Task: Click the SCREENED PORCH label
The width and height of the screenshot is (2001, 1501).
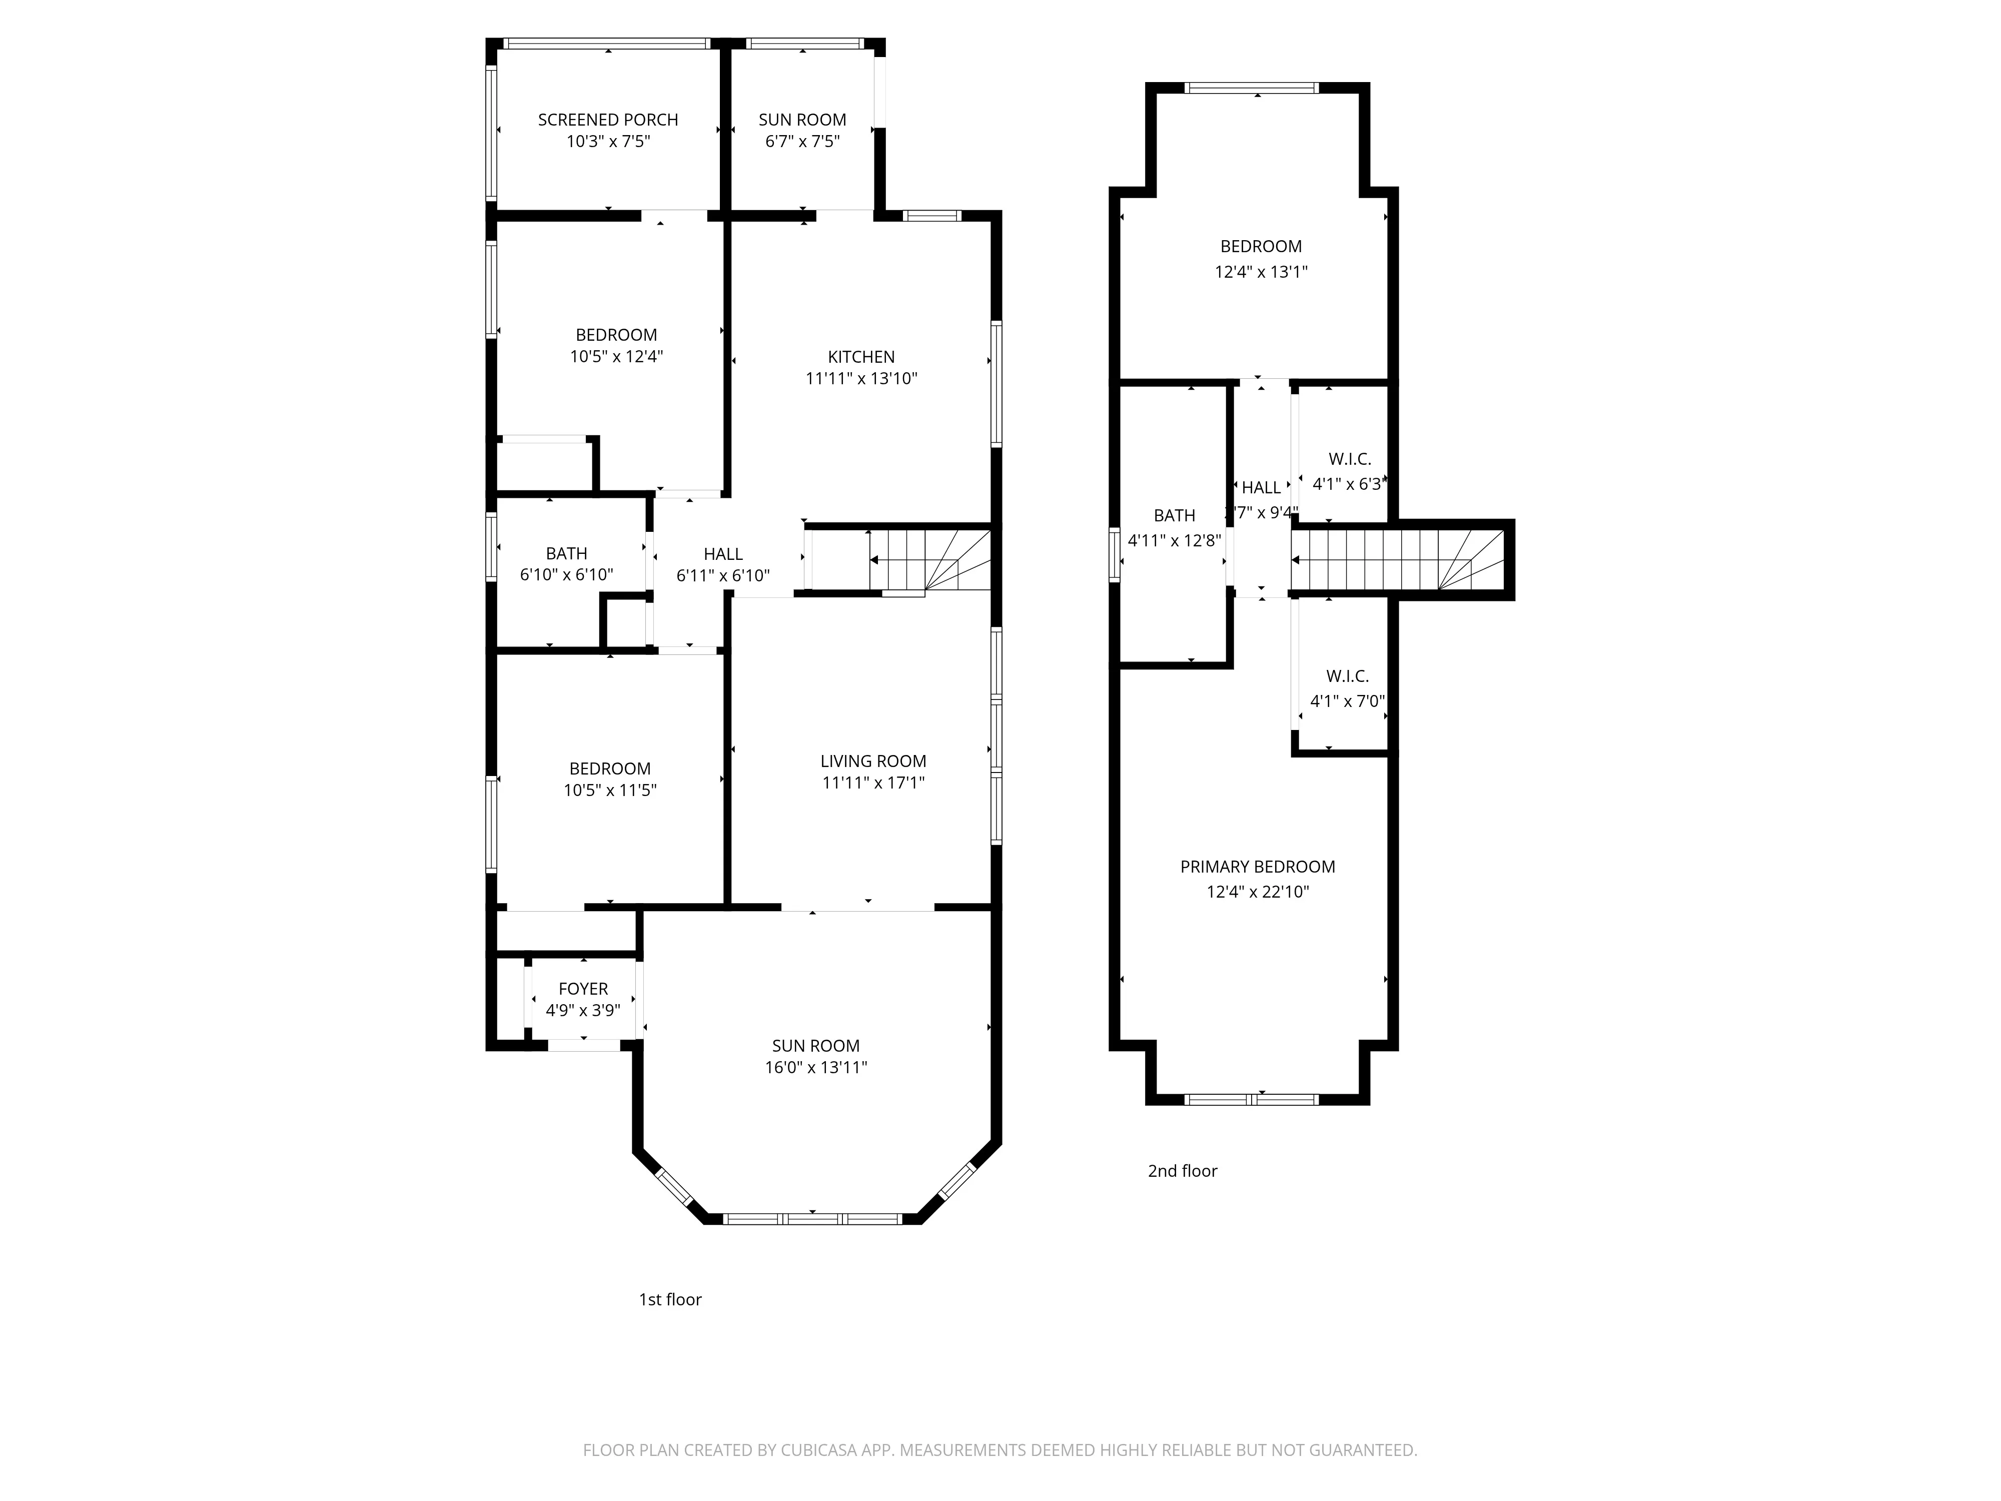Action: coord(608,120)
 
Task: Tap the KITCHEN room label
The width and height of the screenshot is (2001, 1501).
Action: coord(861,356)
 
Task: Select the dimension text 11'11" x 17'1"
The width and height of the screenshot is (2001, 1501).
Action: coord(873,783)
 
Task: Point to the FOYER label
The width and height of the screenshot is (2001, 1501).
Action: coord(583,989)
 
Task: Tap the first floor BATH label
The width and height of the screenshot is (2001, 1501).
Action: coord(566,553)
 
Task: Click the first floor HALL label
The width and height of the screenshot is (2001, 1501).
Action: coord(723,554)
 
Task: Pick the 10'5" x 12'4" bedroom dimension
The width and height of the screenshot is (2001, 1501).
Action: coord(616,356)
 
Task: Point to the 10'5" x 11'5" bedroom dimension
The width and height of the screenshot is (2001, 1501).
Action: coord(610,790)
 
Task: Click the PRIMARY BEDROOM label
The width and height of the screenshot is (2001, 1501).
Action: coord(1258,867)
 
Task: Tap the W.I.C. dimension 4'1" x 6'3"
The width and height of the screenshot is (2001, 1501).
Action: coord(1348,484)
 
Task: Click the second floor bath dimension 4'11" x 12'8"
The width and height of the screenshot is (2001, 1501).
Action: coord(1174,541)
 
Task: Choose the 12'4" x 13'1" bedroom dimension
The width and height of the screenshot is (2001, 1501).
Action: coord(1260,271)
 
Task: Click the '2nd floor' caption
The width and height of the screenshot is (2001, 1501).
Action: coord(1182,1171)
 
